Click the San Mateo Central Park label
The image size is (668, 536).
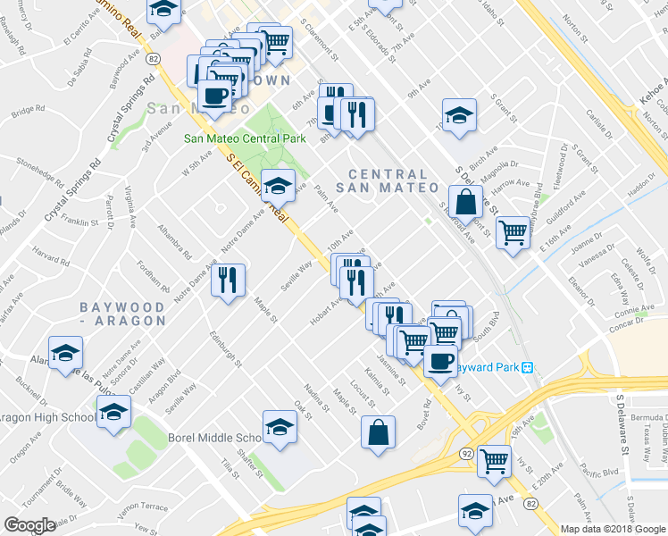click(245, 138)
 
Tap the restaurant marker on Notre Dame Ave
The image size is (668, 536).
click(230, 280)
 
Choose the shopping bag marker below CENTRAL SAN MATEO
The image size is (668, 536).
click(465, 200)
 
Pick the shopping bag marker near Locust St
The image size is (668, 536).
click(379, 432)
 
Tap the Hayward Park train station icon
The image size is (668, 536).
click(527, 367)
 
